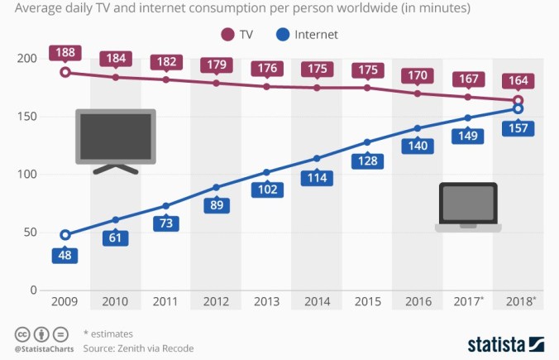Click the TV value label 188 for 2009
[64, 53]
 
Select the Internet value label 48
[64, 255]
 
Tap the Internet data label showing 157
[518, 129]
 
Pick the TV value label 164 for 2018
[518, 81]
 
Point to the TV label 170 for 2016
[417, 74]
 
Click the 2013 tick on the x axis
[265, 301]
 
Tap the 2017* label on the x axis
[468, 301]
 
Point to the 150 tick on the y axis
[27, 117]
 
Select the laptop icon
[467, 207]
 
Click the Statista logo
[505, 343]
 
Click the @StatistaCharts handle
[45, 348]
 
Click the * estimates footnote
[108, 333]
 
